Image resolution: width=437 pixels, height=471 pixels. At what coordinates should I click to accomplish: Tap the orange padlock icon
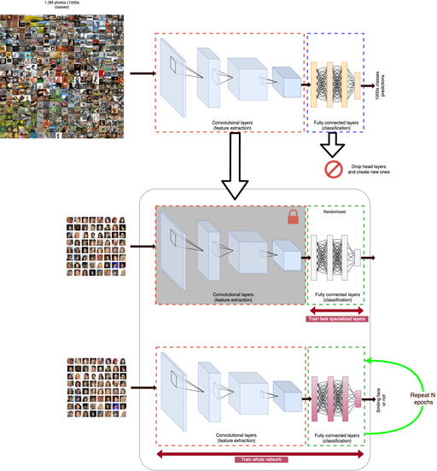click(x=294, y=220)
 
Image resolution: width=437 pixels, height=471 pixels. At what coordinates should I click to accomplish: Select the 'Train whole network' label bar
click(x=257, y=460)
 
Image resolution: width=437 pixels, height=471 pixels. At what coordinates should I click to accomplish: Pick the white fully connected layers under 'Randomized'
click(x=334, y=253)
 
